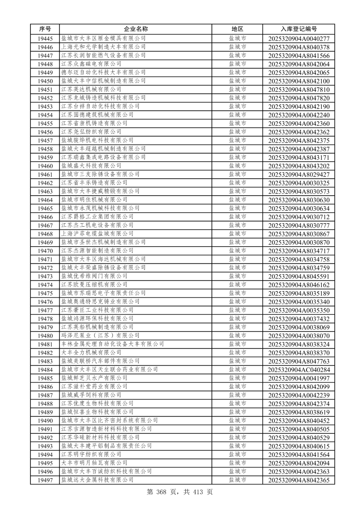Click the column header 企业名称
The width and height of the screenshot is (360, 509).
[136, 29]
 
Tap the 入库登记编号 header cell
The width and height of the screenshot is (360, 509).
[298, 29]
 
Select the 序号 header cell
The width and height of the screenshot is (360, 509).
[45, 29]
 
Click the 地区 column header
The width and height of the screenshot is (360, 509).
[237, 29]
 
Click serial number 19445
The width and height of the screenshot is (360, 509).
[45, 39]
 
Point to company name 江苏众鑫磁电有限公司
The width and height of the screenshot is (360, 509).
[91, 64]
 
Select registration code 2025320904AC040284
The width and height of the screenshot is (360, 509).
[298, 370]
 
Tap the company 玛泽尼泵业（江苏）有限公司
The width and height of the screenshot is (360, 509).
[100, 336]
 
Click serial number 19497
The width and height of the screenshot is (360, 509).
[45, 480]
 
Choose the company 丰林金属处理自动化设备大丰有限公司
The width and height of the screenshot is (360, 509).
[112, 344]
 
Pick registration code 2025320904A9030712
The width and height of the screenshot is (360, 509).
[298, 217]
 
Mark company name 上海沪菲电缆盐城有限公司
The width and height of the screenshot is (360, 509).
[97, 234]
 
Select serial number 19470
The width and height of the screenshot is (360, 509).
[45, 251]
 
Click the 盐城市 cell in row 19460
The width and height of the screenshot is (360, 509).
[237, 166]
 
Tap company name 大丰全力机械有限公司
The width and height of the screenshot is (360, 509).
[91, 353]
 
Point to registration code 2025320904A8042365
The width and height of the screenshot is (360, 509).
[298, 480]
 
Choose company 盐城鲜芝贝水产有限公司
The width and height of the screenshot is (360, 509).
[94, 378]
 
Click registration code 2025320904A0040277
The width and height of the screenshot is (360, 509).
[298, 39]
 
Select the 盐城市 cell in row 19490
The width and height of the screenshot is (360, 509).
[237, 421]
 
